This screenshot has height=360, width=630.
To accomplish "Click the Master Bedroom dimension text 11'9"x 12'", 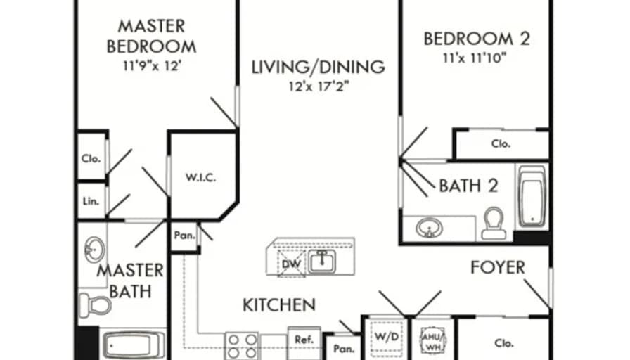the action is [151, 65].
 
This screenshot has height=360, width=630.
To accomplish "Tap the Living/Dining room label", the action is [319, 67].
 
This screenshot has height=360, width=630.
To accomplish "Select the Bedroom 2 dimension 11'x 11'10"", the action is [475, 58].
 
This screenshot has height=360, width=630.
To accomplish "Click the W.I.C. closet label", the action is [200, 177].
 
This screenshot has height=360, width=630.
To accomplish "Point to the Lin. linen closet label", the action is [91, 201].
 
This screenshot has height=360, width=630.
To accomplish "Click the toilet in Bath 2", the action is [494, 224].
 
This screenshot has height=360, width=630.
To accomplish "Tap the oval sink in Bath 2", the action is [429, 228].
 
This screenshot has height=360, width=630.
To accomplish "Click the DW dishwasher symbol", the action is [291, 264].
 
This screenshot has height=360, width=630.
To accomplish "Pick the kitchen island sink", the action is [322, 262].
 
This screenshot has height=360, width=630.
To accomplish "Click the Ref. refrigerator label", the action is [304, 340].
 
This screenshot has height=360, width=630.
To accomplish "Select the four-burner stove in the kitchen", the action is [241, 346].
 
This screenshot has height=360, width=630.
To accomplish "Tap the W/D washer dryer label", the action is [387, 337].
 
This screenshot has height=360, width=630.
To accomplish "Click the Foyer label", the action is [497, 267].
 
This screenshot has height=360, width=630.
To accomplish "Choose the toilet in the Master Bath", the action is [95, 306].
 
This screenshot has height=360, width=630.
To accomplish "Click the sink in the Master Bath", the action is [94, 250].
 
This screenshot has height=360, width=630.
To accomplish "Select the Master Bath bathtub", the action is [133, 345].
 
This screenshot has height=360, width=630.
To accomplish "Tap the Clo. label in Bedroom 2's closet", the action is [501, 143].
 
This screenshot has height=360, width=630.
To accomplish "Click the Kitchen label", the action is [279, 305].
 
